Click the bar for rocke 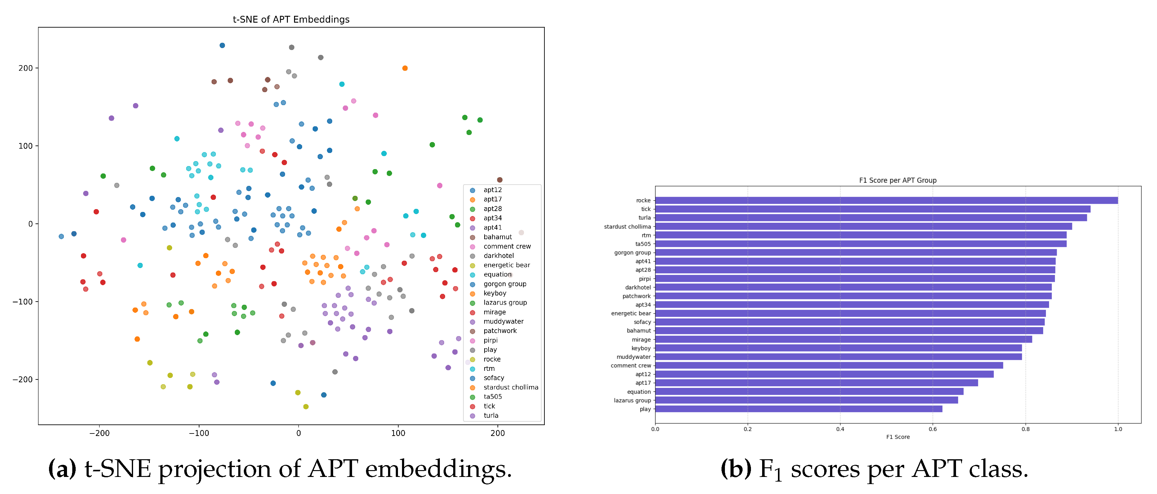coord(886,200)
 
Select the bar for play coord(799,409)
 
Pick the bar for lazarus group coord(806,400)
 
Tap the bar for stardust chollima coord(863,227)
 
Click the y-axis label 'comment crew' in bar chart coord(631,366)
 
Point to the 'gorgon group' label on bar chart coord(632,253)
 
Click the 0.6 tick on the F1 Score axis coord(933,429)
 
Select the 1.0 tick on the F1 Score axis coord(1118,429)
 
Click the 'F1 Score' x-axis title coord(898,437)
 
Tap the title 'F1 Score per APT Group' coord(898,180)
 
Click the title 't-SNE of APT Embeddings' coord(291,19)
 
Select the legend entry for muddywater coord(503,321)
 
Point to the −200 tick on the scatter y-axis coord(22,379)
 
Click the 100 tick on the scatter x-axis coord(398,433)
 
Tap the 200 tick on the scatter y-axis coord(26,68)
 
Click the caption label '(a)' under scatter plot coord(62,469)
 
